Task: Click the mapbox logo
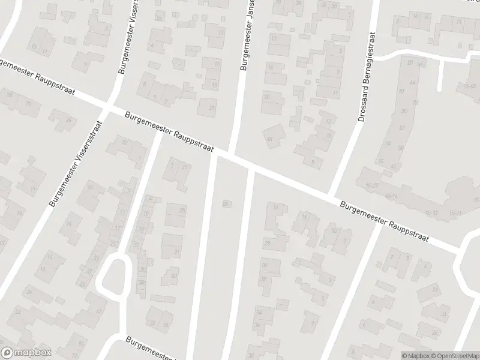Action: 26,353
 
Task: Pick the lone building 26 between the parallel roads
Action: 226,204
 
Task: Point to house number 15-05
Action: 469,86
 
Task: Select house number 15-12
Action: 432,213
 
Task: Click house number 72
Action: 415,103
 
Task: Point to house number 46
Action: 412,83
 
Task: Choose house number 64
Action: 419,63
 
